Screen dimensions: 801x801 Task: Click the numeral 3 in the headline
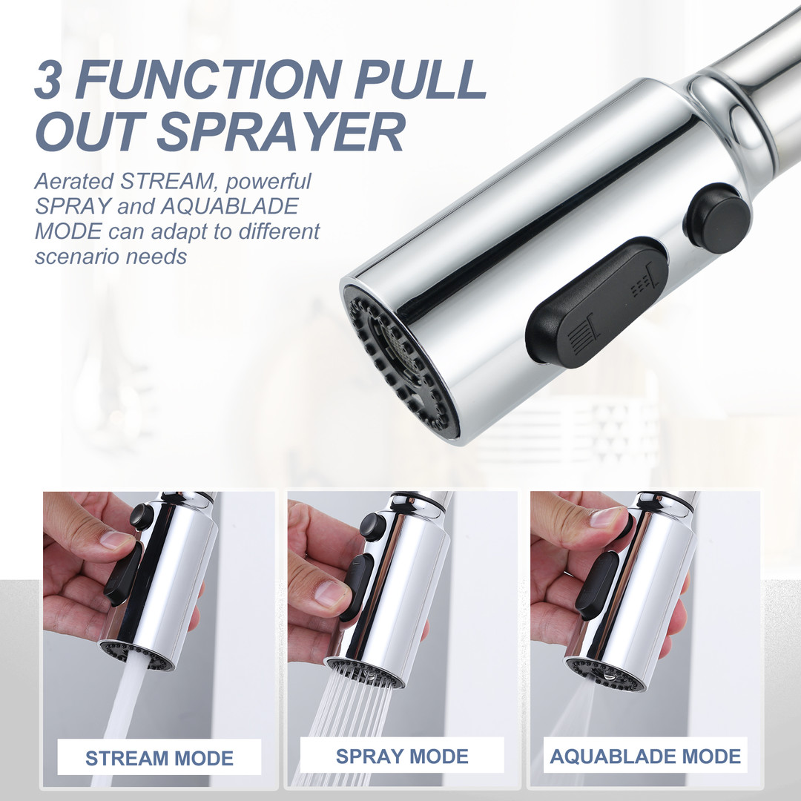click(x=47, y=79)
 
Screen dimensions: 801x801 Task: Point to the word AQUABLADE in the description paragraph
click(x=230, y=206)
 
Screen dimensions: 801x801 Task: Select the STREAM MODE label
click(x=159, y=758)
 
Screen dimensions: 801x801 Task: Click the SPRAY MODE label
click(x=402, y=756)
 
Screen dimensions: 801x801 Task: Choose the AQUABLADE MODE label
click(x=645, y=756)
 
